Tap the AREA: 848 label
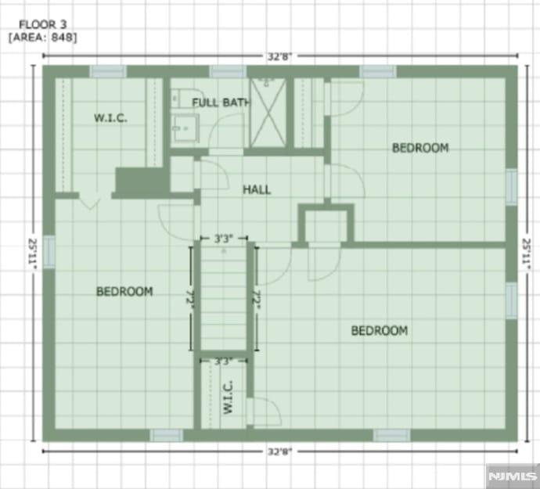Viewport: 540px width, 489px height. click(42, 37)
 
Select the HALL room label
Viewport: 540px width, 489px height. click(257, 189)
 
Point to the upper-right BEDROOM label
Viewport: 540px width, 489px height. click(420, 148)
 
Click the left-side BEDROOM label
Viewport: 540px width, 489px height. click(124, 292)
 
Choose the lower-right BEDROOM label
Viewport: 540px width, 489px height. click(379, 331)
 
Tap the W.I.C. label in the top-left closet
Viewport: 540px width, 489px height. click(110, 118)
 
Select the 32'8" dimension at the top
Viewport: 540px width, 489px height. click(279, 56)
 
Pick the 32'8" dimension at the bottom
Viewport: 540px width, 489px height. click(279, 451)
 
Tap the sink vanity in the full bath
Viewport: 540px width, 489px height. click(185, 124)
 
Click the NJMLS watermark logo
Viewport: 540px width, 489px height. click(513, 475)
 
